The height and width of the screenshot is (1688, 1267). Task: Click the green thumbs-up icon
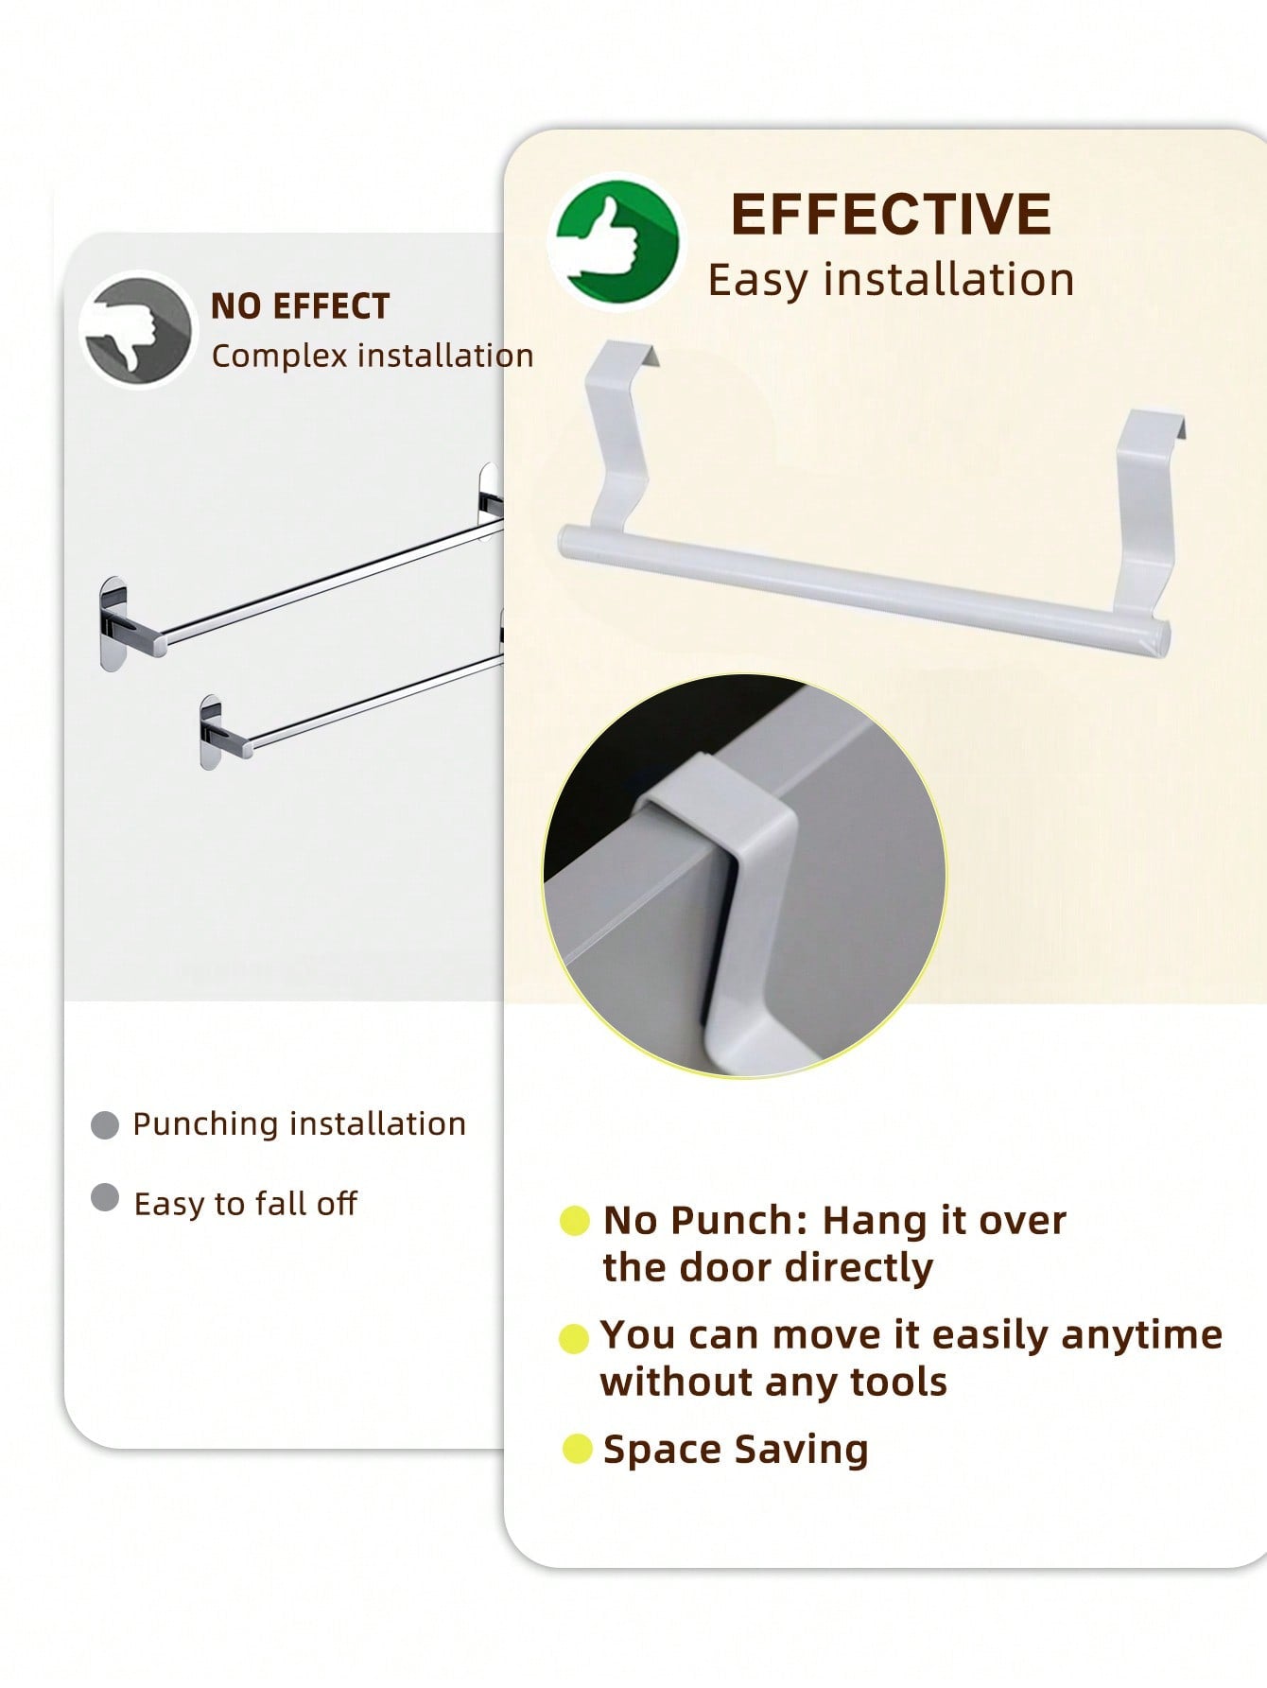[x=616, y=242]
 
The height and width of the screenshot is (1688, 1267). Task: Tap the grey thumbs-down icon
[x=137, y=330]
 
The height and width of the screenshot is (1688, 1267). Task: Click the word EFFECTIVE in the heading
[x=891, y=214]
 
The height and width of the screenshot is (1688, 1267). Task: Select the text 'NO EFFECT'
[x=300, y=306]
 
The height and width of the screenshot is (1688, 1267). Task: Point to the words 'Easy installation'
[x=891, y=280]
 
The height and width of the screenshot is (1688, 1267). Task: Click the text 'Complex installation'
[x=373, y=356]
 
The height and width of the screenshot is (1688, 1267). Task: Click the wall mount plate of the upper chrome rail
[x=113, y=623]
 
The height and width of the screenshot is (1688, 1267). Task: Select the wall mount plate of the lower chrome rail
[x=211, y=732]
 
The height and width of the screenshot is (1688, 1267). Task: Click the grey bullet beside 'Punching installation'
[x=104, y=1125]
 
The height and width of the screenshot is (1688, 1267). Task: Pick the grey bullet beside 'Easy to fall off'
[x=104, y=1198]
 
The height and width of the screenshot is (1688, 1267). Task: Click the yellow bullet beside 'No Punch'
[x=574, y=1221]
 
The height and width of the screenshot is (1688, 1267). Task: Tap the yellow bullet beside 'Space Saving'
[x=577, y=1449]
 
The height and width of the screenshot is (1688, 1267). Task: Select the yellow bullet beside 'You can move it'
[x=574, y=1338]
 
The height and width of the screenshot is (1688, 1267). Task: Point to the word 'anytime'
[x=1142, y=1335]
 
